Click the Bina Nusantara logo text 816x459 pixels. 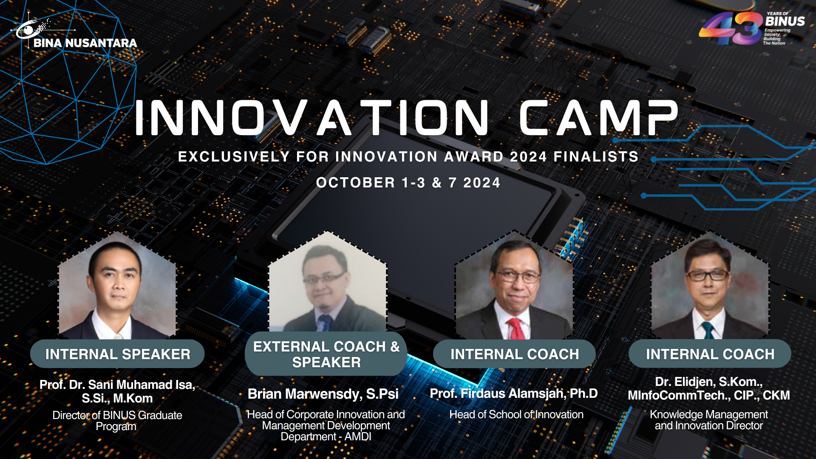(x=85, y=43)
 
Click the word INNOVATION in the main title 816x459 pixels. (x=312, y=118)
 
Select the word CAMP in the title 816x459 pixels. (x=598, y=118)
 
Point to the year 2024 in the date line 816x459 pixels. (x=482, y=183)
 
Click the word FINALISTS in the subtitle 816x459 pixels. (x=596, y=157)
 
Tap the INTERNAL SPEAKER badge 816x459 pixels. (x=118, y=354)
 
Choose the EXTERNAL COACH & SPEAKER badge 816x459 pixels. (x=326, y=354)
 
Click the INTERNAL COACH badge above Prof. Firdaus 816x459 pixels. (x=514, y=354)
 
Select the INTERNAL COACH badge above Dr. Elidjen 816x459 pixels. (x=710, y=354)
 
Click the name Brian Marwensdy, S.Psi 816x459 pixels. (x=323, y=394)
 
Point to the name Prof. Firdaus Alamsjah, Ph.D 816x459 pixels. (x=514, y=394)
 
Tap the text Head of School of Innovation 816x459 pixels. (x=516, y=414)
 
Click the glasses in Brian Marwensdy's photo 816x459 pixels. (x=324, y=279)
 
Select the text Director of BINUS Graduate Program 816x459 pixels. (x=117, y=421)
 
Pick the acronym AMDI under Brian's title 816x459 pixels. (x=358, y=436)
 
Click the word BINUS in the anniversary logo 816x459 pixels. (x=785, y=21)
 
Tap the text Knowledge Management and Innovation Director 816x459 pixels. (x=709, y=420)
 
